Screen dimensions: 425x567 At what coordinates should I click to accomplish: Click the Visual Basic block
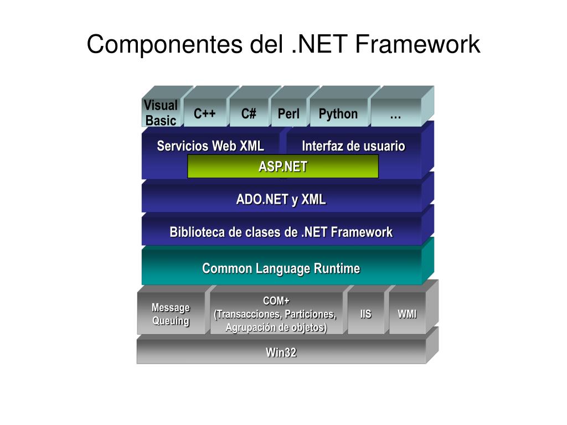[161, 113]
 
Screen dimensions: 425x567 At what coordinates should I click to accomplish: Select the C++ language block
[204, 114]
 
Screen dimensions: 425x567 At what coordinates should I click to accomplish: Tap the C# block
[249, 114]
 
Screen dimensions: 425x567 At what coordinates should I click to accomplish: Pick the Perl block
[288, 114]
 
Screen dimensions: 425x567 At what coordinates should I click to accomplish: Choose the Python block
[338, 114]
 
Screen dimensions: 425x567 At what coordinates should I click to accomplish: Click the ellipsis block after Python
[395, 114]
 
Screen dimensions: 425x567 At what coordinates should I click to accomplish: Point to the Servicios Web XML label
[210, 146]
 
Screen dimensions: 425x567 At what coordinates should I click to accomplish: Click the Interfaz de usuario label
[353, 146]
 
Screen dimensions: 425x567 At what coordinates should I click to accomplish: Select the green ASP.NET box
[282, 167]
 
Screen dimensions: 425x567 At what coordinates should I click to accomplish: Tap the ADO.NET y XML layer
[281, 199]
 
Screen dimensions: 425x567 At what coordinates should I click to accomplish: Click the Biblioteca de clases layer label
[281, 232]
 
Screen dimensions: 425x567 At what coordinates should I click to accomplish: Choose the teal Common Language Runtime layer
[281, 268]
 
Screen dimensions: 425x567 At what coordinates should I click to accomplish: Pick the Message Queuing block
[171, 314]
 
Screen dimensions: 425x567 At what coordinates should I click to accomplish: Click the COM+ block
[276, 314]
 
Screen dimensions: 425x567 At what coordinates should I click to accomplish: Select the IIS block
[365, 314]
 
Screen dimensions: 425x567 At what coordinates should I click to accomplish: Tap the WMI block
[407, 314]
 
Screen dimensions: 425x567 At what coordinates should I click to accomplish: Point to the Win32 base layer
[281, 352]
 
